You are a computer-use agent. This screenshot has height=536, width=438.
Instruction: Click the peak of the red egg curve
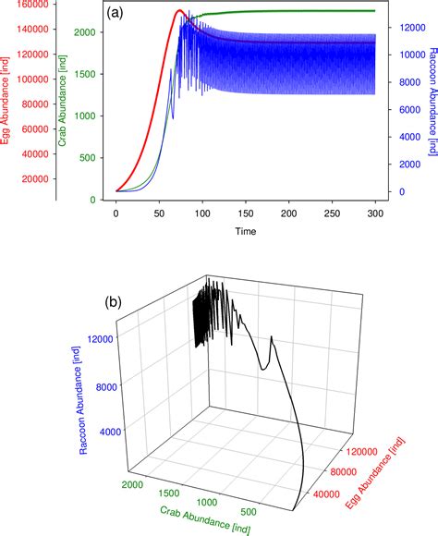(x=180, y=11)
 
